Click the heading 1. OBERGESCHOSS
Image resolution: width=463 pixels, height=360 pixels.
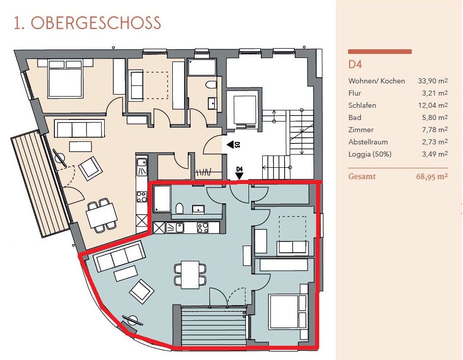tap(87, 23)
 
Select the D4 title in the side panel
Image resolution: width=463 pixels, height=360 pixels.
tap(355, 65)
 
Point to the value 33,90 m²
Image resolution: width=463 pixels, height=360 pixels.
tap(433, 81)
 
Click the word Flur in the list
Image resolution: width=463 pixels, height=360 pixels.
tap(355, 93)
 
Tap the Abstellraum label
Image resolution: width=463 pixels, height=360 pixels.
tap(368, 142)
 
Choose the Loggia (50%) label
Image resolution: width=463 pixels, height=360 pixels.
tap(370, 154)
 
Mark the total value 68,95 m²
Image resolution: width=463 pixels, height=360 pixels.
tap(432, 176)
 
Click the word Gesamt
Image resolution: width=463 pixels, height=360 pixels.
tap(362, 176)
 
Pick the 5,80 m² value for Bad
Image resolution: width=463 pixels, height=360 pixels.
tap(435, 117)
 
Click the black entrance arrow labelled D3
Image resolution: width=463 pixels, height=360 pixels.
tap(231, 145)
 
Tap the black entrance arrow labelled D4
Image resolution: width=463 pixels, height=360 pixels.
tap(239, 176)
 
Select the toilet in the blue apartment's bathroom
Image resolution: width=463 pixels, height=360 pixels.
tap(179, 208)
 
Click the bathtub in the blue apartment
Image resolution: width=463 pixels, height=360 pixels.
tap(162, 199)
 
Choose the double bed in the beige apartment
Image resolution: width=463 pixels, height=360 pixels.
tap(65, 78)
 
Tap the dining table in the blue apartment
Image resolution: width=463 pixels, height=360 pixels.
tap(190, 275)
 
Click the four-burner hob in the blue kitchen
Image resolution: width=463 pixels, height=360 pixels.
tap(203, 227)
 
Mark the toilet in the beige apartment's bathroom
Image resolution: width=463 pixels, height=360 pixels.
tap(211, 85)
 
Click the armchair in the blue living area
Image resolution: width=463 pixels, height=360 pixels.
tap(142, 291)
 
